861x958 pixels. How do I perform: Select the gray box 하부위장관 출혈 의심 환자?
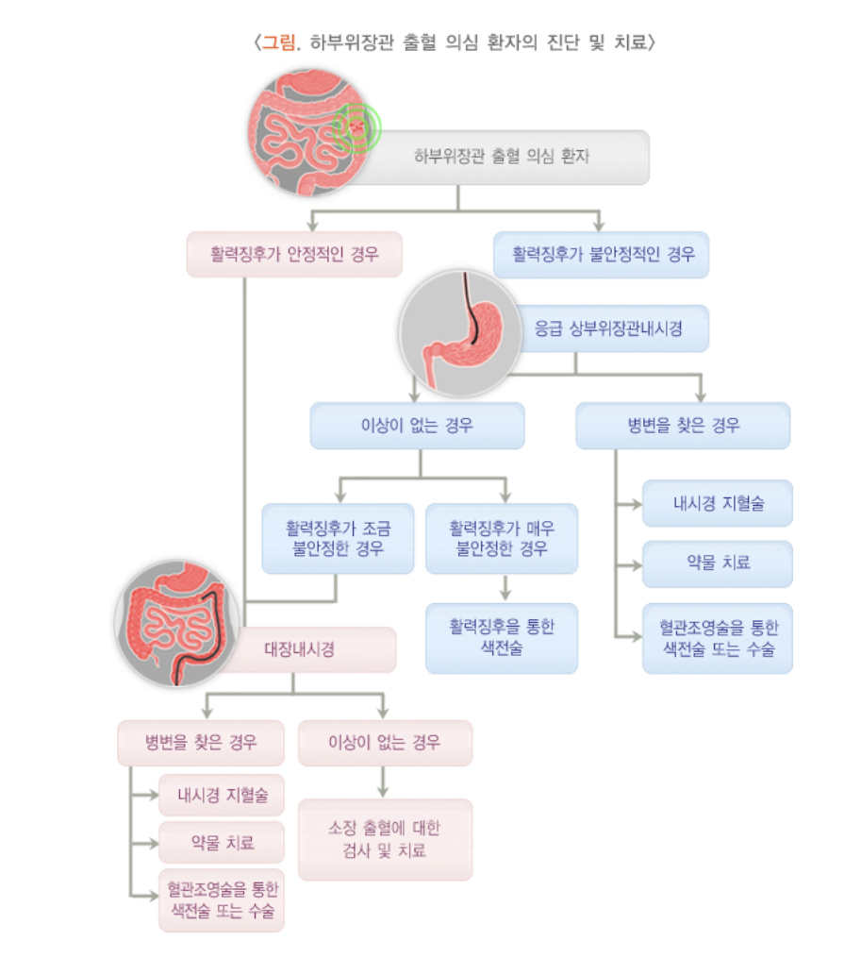point(502,157)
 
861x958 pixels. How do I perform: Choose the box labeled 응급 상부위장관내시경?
point(608,328)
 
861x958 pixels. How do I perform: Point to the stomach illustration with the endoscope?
point(459,331)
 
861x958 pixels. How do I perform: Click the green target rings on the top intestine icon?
point(356,127)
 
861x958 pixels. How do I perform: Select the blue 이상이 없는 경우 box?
point(417,426)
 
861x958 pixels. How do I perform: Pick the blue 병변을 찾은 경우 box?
point(683,426)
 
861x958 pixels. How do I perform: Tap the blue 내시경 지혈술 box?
point(718,503)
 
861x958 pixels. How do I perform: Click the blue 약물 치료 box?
point(718,563)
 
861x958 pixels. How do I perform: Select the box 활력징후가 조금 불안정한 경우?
point(338,538)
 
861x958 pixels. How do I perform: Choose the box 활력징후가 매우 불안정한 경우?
point(501,538)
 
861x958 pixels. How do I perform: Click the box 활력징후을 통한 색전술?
point(501,638)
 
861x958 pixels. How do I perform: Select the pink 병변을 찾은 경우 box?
point(201,743)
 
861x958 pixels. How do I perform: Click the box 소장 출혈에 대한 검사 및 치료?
point(385,839)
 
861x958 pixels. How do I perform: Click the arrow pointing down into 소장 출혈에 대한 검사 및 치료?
point(385,789)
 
